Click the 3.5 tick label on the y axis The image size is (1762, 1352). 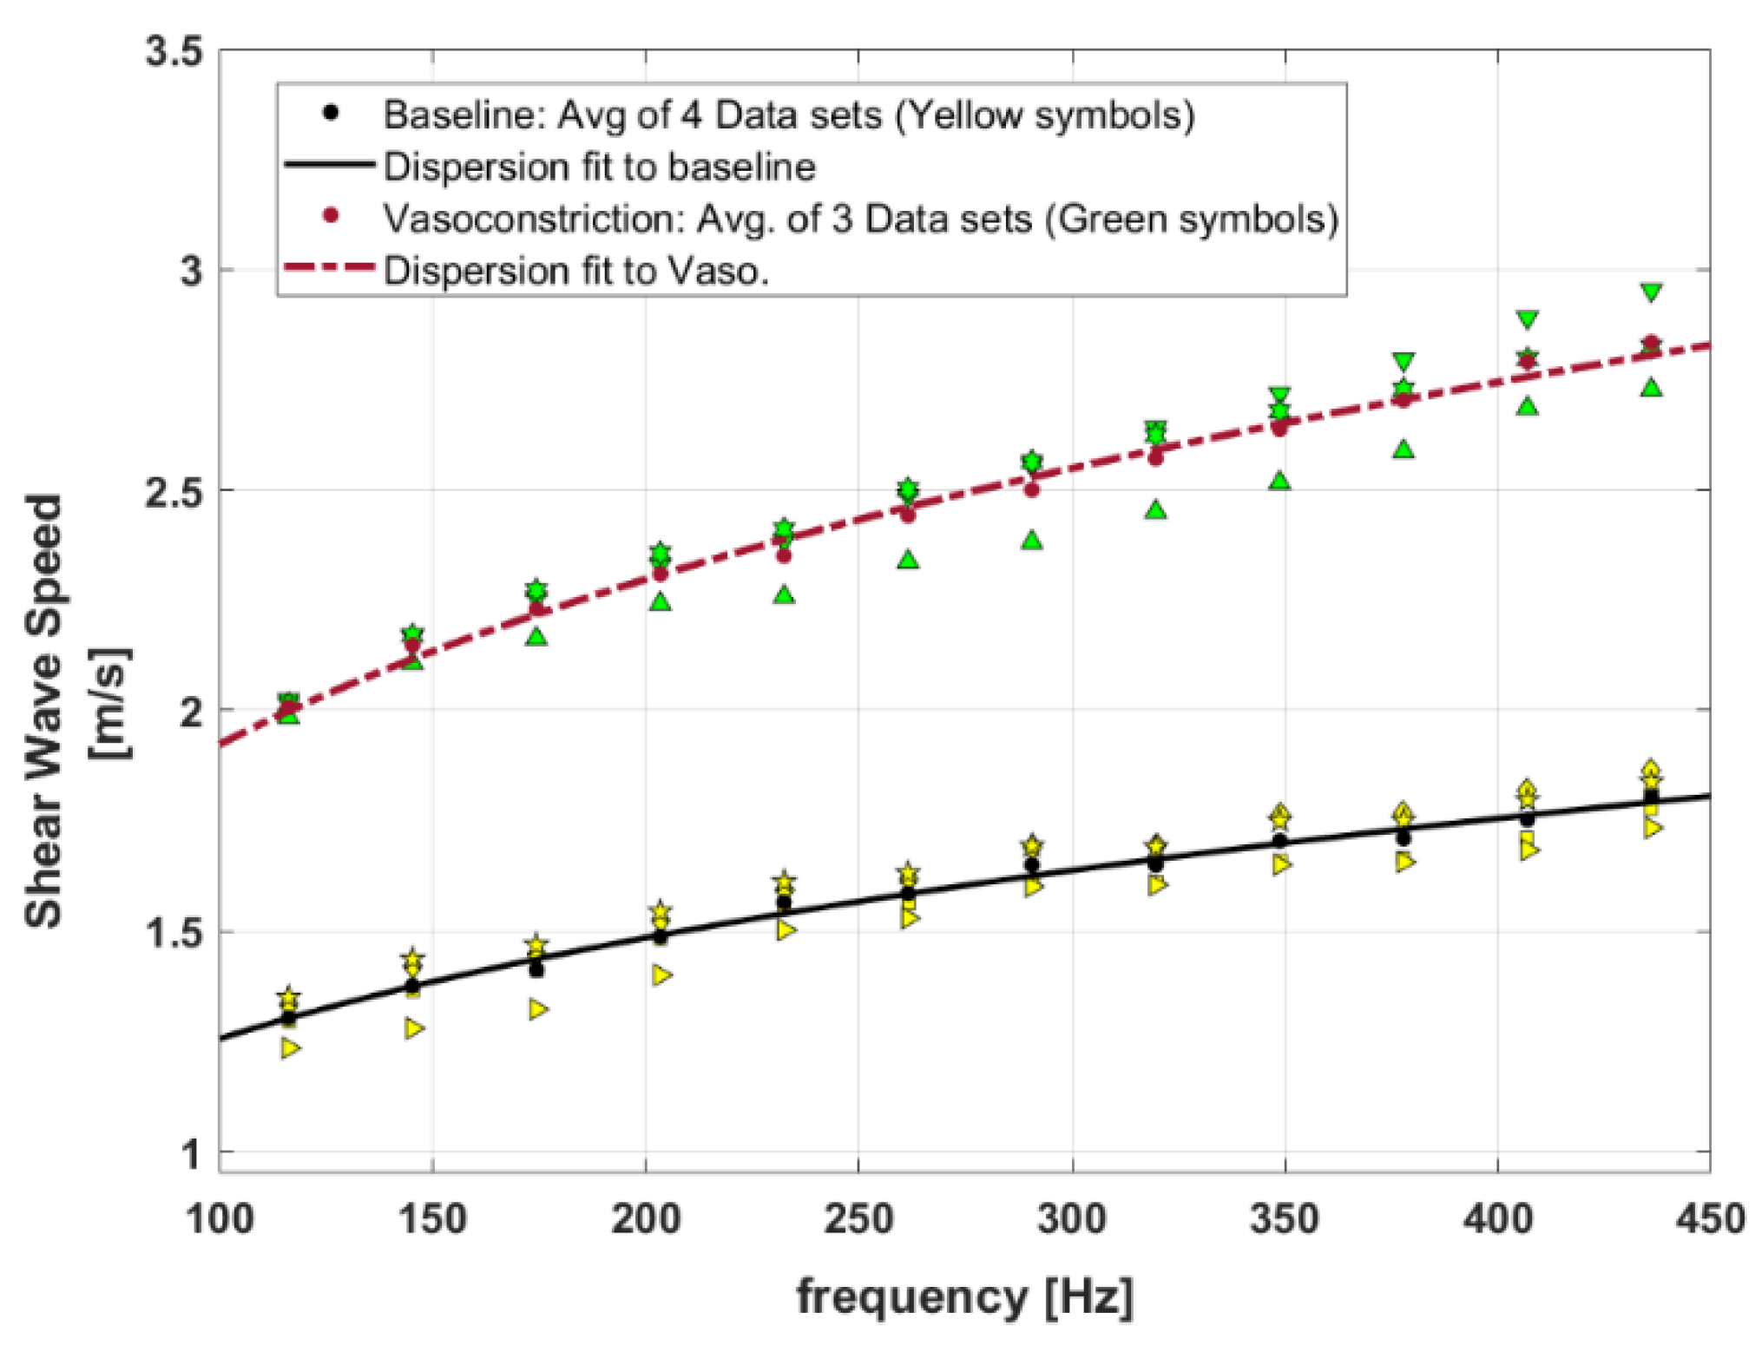tap(173, 51)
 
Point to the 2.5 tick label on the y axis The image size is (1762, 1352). tap(173, 490)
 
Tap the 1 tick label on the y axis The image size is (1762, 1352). tap(190, 1154)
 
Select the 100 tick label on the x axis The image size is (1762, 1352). tap(220, 1219)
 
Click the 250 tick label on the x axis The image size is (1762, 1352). tap(858, 1219)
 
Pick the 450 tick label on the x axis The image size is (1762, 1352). tap(1709, 1219)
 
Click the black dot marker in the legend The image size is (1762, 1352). tap(330, 113)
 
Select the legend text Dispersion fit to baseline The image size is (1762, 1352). tap(599, 167)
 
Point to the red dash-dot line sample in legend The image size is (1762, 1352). tap(330, 269)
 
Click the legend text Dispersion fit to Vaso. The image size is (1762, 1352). tap(576, 271)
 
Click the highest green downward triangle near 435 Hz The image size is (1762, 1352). tap(1652, 292)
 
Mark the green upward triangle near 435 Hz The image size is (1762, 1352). tap(1652, 388)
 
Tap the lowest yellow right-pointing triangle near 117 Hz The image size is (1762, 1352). tap(291, 1048)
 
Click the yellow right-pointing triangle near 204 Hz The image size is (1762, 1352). tap(662, 975)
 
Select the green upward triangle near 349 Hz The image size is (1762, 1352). tap(1279, 481)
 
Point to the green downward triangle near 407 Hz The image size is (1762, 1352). tap(1528, 319)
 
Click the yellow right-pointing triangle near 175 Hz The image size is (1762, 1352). tap(538, 1009)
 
